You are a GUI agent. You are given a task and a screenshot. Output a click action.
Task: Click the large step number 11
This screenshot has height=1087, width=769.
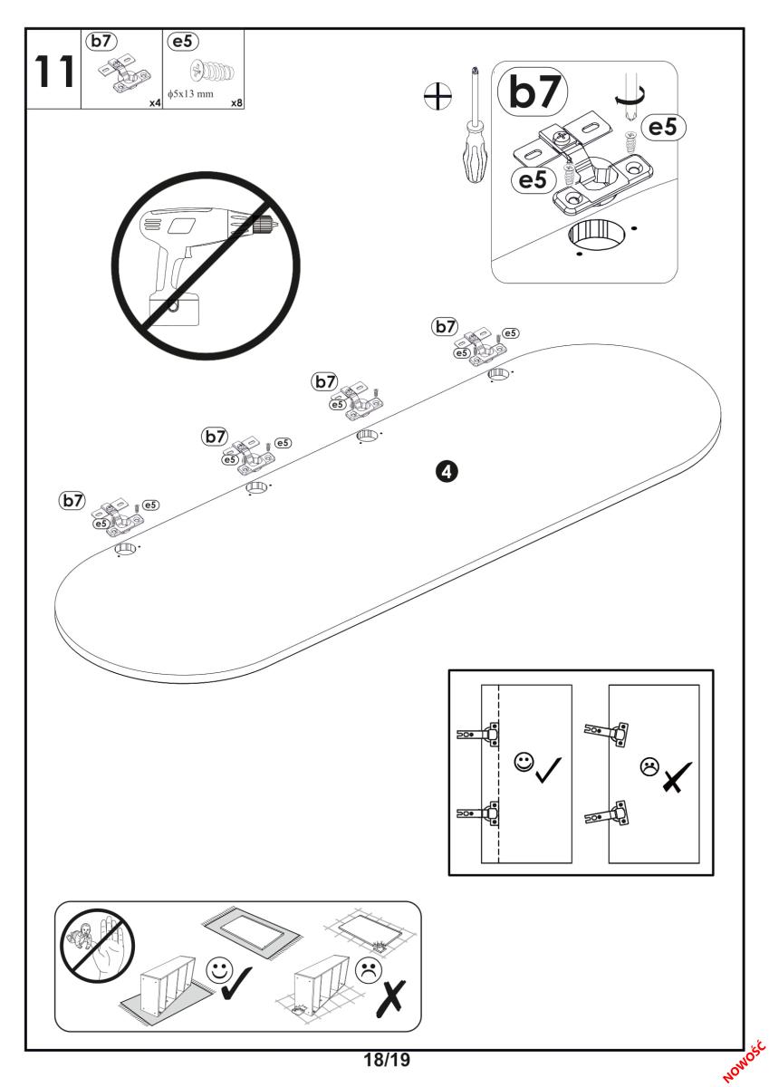53,72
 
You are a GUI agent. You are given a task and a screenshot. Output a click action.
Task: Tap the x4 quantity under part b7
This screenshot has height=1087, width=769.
155,103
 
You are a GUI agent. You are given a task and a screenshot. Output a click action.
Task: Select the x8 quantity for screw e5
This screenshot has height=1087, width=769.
236,103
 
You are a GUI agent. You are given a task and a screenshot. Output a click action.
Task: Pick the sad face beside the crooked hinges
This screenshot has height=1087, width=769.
649,765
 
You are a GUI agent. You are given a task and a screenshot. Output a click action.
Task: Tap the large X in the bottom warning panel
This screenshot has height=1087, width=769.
396,995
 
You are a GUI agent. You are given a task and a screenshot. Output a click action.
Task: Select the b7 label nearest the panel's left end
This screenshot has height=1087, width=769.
72,499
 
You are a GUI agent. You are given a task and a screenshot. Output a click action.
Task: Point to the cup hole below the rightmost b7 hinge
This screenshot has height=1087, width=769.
498,374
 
